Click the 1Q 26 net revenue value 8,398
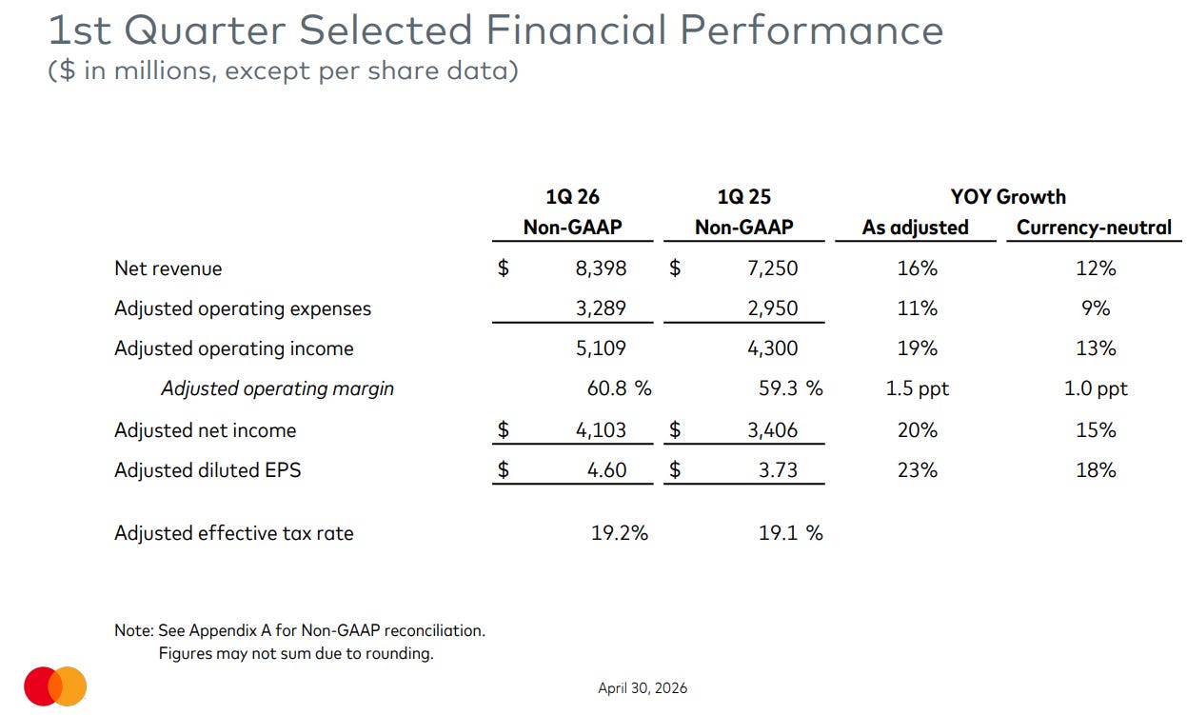click(x=601, y=268)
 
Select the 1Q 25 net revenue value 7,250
click(x=772, y=268)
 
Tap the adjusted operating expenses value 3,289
click(x=601, y=308)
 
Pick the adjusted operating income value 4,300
click(x=772, y=348)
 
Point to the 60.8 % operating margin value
click(x=619, y=388)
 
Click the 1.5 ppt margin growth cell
click(x=917, y=388)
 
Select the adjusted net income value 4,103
click(x=601, y=429)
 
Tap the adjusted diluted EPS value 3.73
click(x=778, y=470)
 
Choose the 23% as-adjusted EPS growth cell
click(x=918, y=470)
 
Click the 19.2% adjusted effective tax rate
click(x=619, y=532)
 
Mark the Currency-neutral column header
click(x=1094, y=228)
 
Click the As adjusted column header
click(x=915, y=228)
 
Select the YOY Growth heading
click(x=1008, y=197)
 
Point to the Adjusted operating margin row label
click(x=278, y=388)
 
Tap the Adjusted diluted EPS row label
click(x=208, y=470)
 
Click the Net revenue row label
click(x=168, y=268)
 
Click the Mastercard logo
click(x=55, y=686)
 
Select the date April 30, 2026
click(x=643, y=688)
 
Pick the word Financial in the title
click(x=576, y=30)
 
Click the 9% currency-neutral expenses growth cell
click(x=1096, y=308)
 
